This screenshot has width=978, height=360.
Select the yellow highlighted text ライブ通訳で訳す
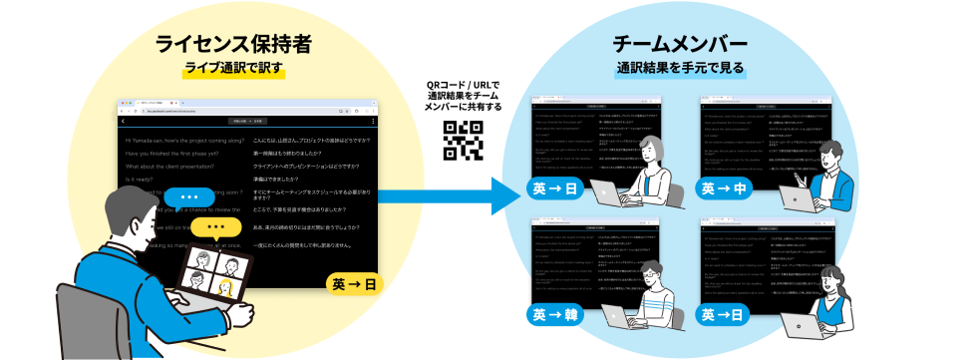(231, 69)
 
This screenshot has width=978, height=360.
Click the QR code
(463, 140)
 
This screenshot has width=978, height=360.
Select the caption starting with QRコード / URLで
(462, 95)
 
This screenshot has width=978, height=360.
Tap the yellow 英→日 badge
(355, 285)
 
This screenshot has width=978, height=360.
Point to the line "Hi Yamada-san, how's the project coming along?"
(184, 141)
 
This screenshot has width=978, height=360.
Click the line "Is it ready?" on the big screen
(141, 180)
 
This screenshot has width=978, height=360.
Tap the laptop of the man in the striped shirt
(618, 325)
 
